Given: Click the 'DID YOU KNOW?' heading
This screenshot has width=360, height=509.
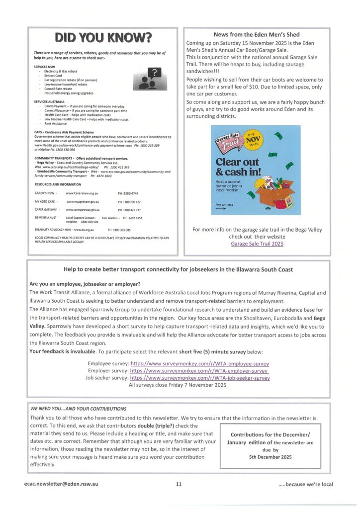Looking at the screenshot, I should point(103,38).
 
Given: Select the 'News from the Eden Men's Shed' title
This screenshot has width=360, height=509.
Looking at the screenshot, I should point(257,34).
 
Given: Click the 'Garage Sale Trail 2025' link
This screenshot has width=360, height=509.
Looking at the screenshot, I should point(257,244).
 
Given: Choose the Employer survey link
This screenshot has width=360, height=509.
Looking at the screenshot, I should point(199,370).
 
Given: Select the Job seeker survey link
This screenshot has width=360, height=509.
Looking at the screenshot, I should point(200,378).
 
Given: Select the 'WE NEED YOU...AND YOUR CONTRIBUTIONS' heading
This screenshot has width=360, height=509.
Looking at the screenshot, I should point(78,409).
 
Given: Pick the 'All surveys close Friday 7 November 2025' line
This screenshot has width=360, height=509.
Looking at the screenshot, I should point(178,385).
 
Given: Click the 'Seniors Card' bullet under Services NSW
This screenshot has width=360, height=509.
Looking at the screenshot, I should point(52,76).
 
